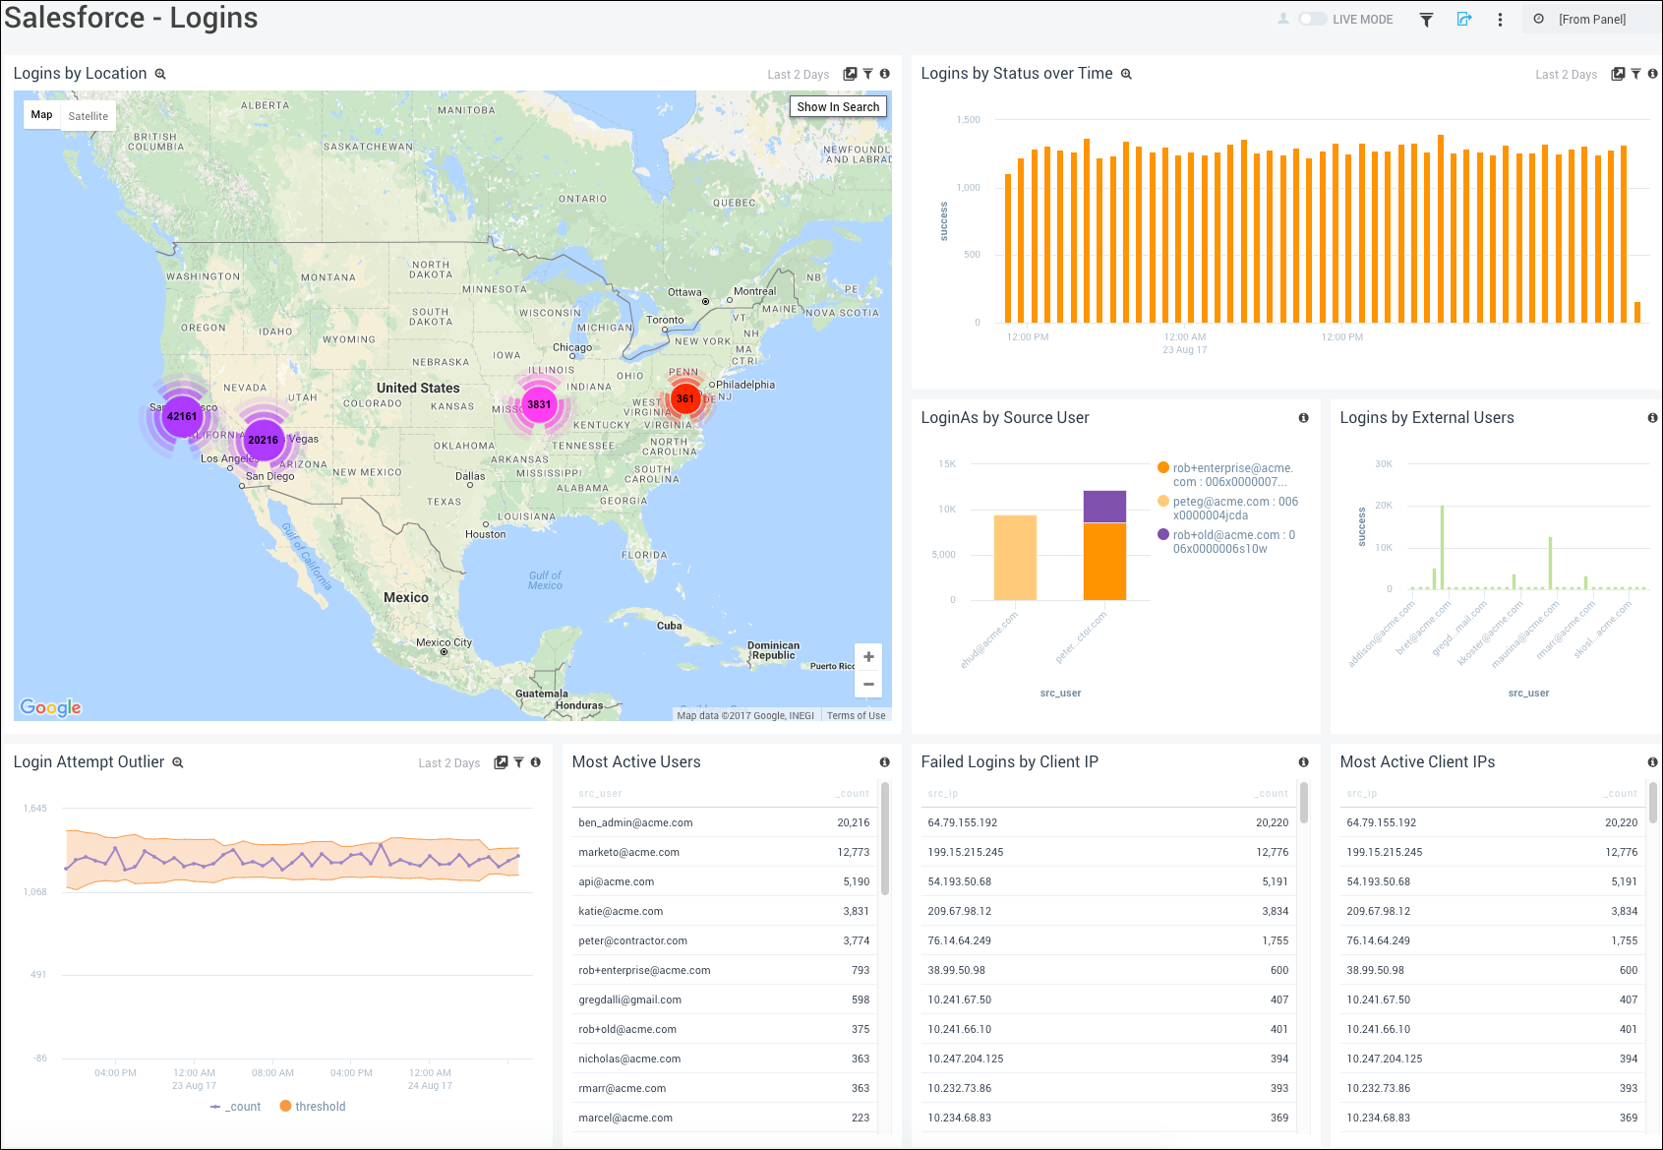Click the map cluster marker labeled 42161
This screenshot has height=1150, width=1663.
coord(182,416)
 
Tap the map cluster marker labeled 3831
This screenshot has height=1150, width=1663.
coord(539,404)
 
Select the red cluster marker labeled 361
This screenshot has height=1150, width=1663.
coord(685,398)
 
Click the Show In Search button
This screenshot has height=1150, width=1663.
coord(838,106)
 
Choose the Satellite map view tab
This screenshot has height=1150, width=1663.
coord(89,116)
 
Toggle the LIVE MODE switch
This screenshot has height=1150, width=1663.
coord(1312,19)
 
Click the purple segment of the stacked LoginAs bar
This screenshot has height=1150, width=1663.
coord(1104,507)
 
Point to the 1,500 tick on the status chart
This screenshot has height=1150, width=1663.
coord(968,120)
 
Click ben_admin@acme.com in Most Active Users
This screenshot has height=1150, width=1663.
coord(635,822)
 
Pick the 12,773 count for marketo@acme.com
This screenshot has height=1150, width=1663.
coord(853,852)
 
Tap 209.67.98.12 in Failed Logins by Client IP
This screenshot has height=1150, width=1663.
coord(959,911)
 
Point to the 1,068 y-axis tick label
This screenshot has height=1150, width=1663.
coord(35,892)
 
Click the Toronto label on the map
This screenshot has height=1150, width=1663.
coord(665,320)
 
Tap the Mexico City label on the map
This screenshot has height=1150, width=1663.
coord(444,642)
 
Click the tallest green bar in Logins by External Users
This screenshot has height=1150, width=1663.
coord(1442,546)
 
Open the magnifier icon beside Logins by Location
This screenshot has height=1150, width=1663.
coord(160,74)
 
